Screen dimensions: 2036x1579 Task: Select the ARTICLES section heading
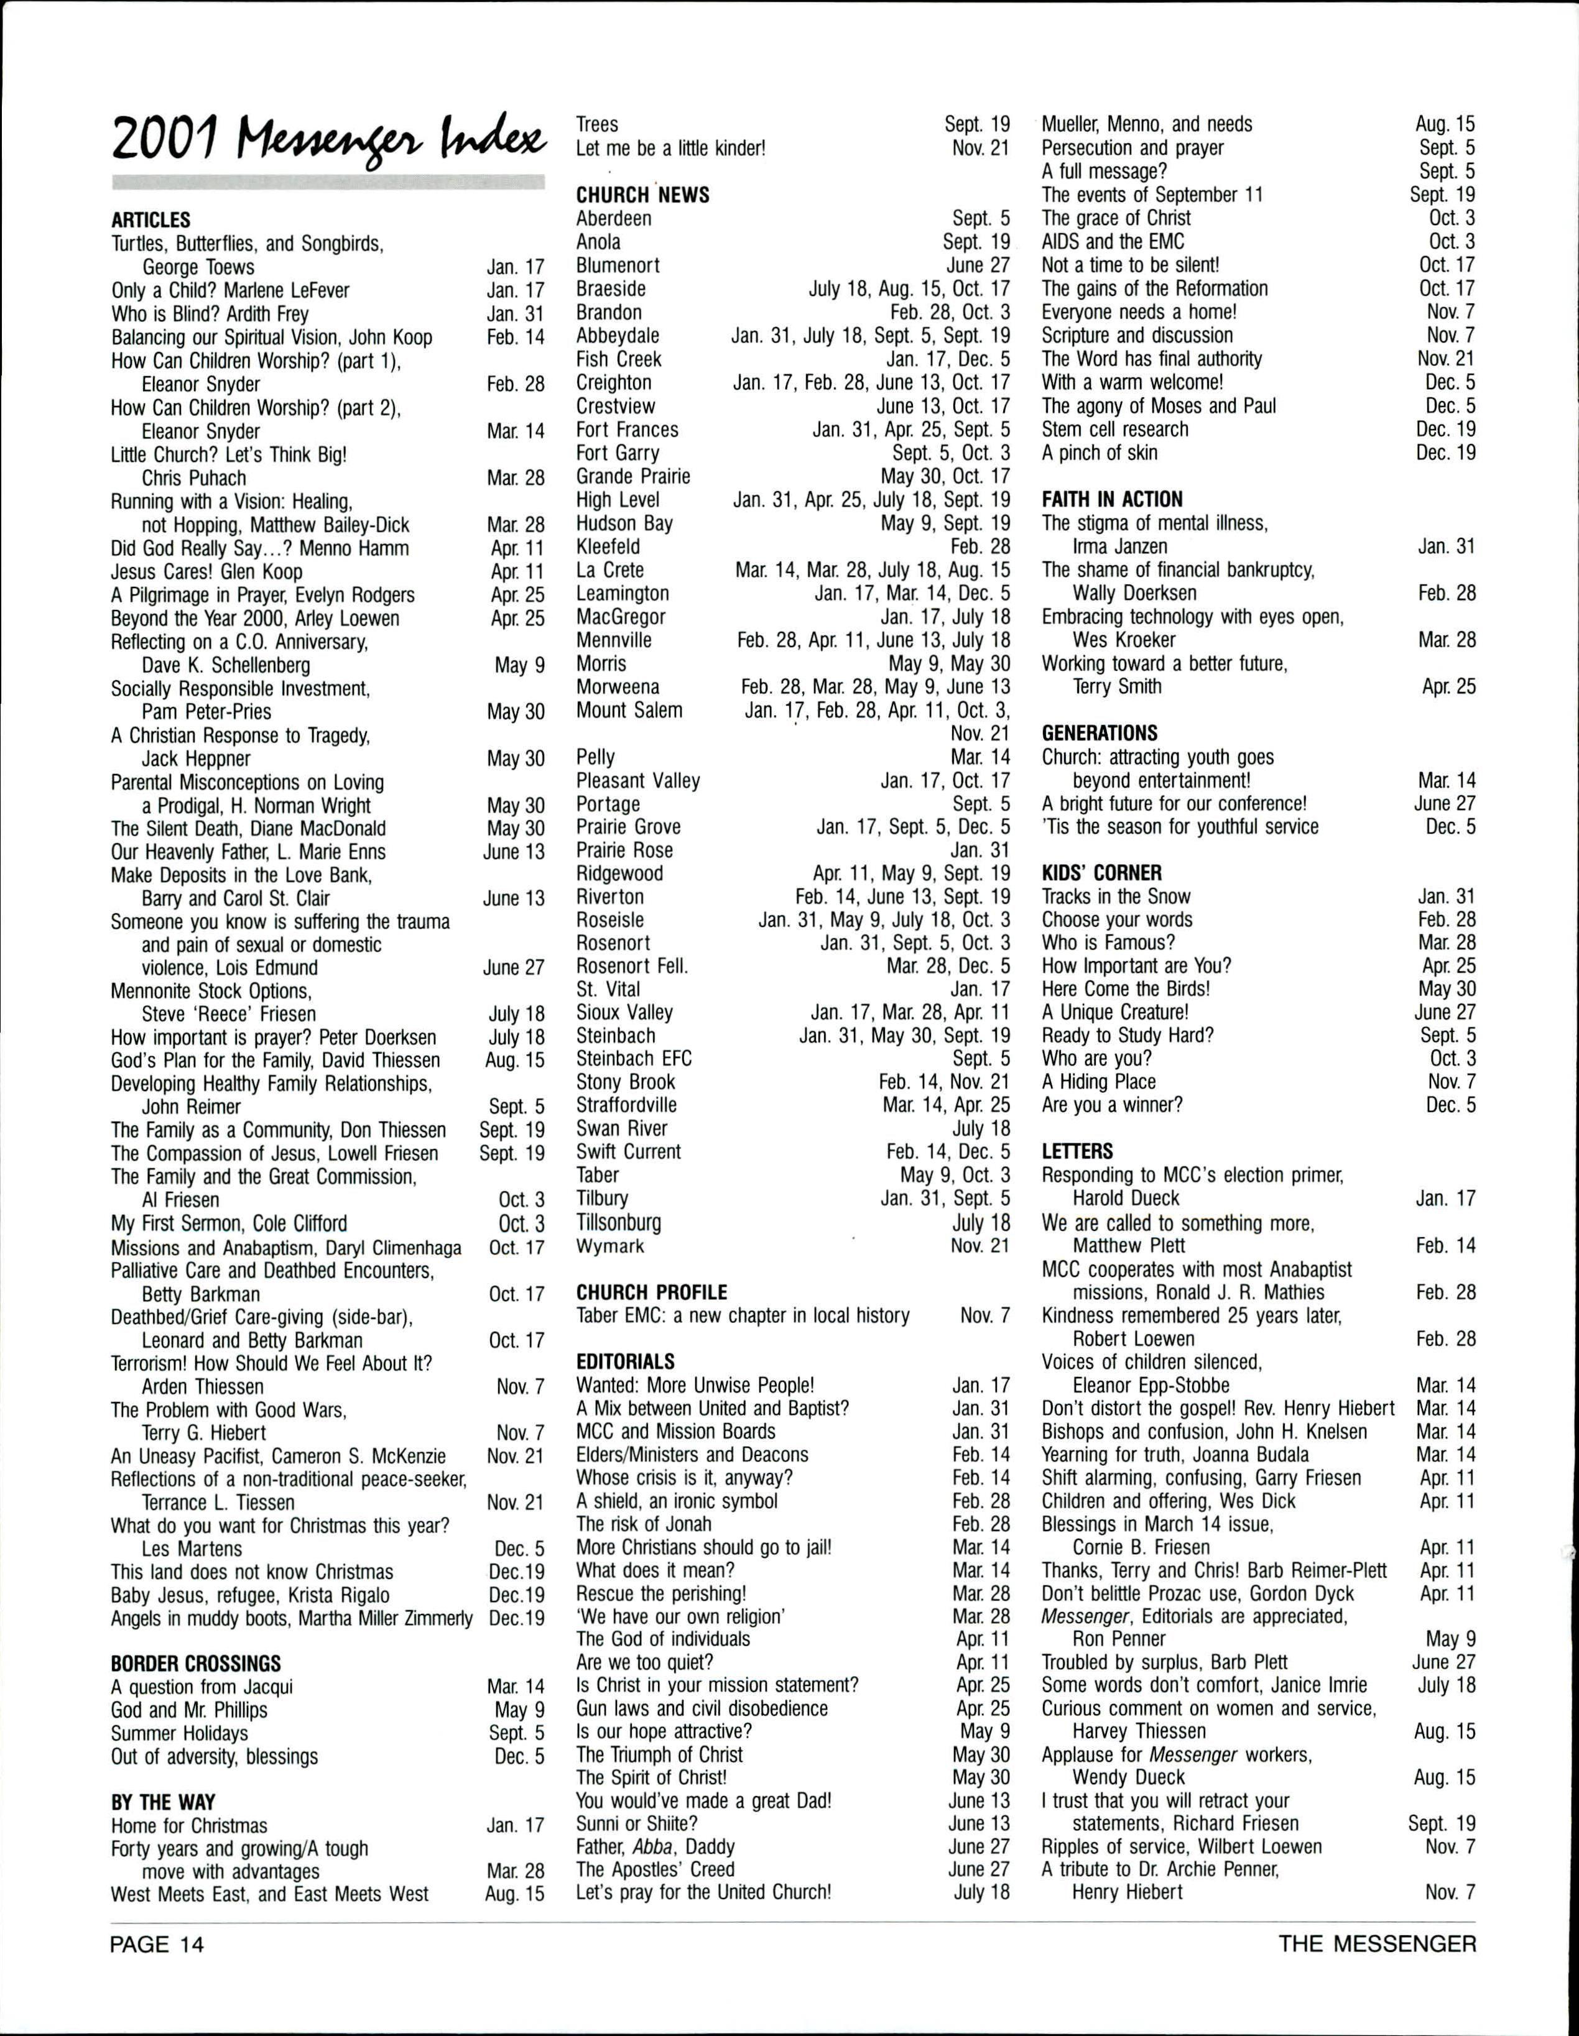coord(150,221)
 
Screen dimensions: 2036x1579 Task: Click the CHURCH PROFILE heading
coord(652,1292)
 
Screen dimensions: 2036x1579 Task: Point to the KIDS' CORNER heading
coord(1101,873)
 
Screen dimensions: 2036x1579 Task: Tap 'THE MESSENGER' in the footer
coord(1378,1945)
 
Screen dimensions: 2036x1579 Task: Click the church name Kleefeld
coord(608,546)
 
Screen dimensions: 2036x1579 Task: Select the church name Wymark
coord(610,1245)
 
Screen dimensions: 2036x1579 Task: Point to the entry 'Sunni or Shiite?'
coord(637,1823)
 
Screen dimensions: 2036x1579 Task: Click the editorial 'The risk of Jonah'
coord(644,1524)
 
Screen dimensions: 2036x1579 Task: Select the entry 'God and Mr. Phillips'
coord(189,1710)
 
